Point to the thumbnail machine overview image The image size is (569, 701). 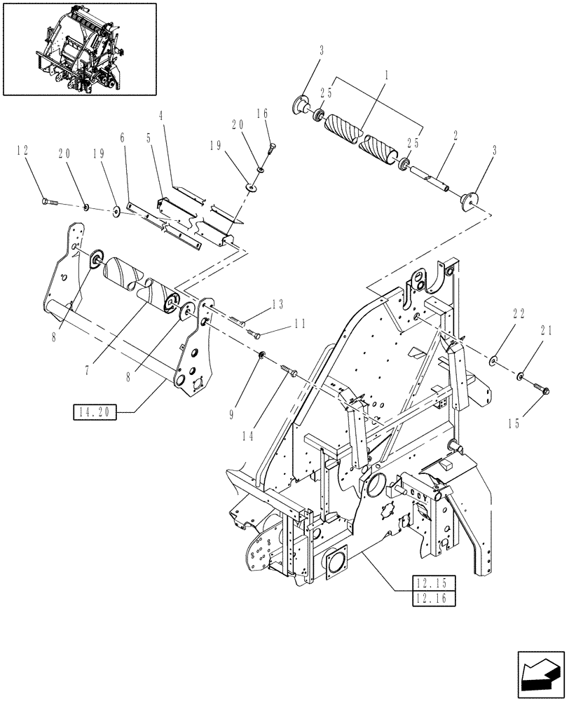pyautogui.click(x=79, y=49)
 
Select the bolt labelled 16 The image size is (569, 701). pyautogui.click(x=271, y=149)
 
